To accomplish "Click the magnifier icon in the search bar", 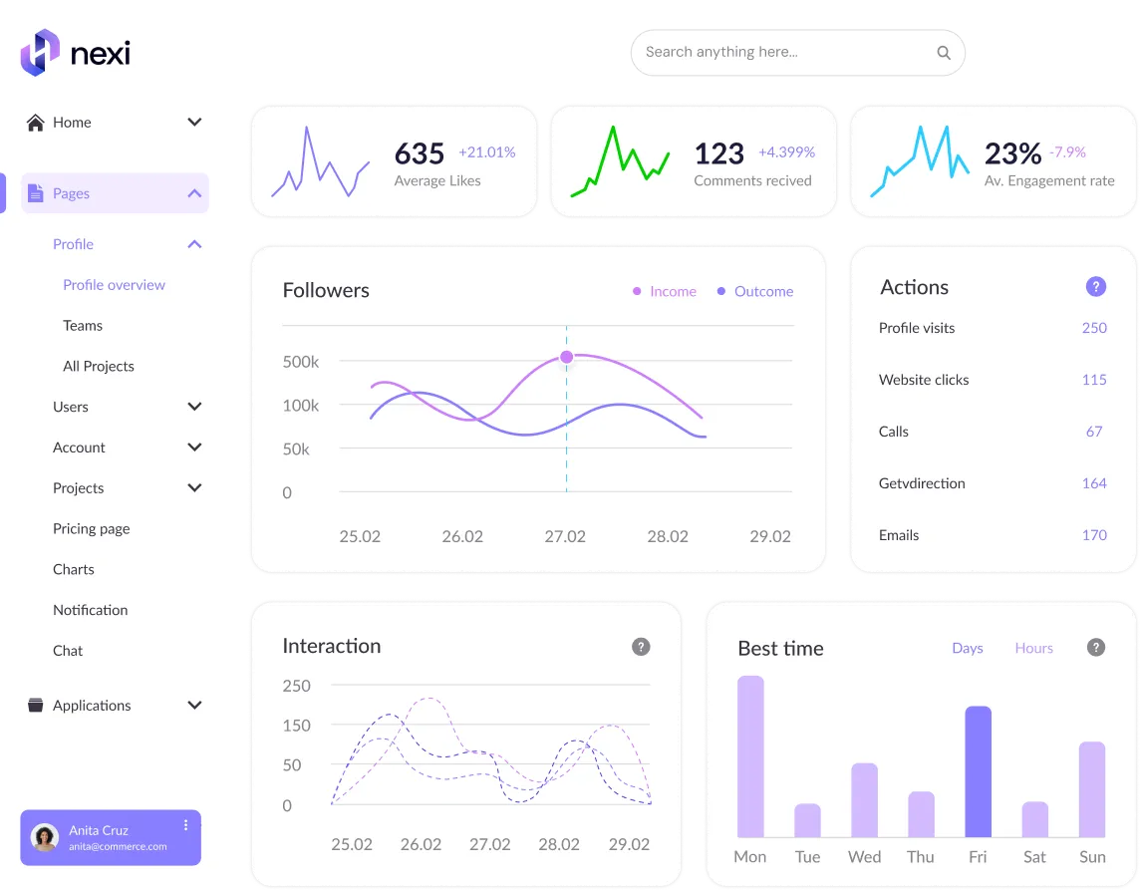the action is click(x=944, y=53).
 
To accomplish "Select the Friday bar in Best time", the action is click(x=978, y=771).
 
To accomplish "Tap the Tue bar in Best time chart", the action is click(x=807, y=820).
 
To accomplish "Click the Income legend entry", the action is click(x=665, y=291).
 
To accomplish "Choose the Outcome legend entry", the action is click(x=754, y=291).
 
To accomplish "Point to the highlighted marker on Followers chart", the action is click(x=566, y=357).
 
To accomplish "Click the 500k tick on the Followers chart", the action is click(x=301, y=362).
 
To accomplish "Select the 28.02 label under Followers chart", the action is click(x=668, y=537).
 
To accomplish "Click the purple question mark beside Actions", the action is click(x=1095, y=287).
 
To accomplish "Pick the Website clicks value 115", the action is click(x=1094, y=380).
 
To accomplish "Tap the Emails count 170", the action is click(x=1094, y=535).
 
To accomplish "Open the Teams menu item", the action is click(x=83, y=326).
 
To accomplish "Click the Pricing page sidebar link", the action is click(x=92, y=529).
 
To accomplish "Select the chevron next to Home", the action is click(x=194, y=123).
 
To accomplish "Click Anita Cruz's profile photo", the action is click(x=45, y=838).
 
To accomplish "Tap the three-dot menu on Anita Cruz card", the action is click(x=186, y=825).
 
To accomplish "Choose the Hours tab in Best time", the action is click(x=1033, y=648).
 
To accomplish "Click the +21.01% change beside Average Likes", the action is click(x=487, y=152).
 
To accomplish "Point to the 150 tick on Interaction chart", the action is click(x=297, y=726).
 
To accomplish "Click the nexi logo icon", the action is click(x=40, y=53).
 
